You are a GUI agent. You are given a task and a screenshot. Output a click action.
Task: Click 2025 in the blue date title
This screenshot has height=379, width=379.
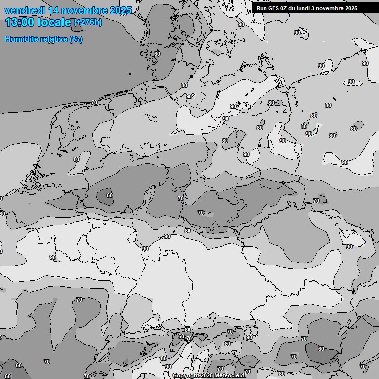120,10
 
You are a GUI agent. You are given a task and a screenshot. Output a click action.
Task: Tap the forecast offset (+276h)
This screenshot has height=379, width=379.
87,22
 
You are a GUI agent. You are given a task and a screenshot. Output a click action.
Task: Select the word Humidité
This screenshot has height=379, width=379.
22,39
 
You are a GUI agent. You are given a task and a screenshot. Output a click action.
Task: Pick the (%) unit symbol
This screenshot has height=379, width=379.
76,39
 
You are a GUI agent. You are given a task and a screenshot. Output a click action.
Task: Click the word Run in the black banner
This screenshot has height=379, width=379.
262,8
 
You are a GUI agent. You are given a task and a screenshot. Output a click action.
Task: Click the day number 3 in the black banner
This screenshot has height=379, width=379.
316,8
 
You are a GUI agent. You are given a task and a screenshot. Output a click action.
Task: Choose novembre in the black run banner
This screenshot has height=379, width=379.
332,8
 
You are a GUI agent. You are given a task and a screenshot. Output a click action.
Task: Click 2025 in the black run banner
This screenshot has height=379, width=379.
351,8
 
